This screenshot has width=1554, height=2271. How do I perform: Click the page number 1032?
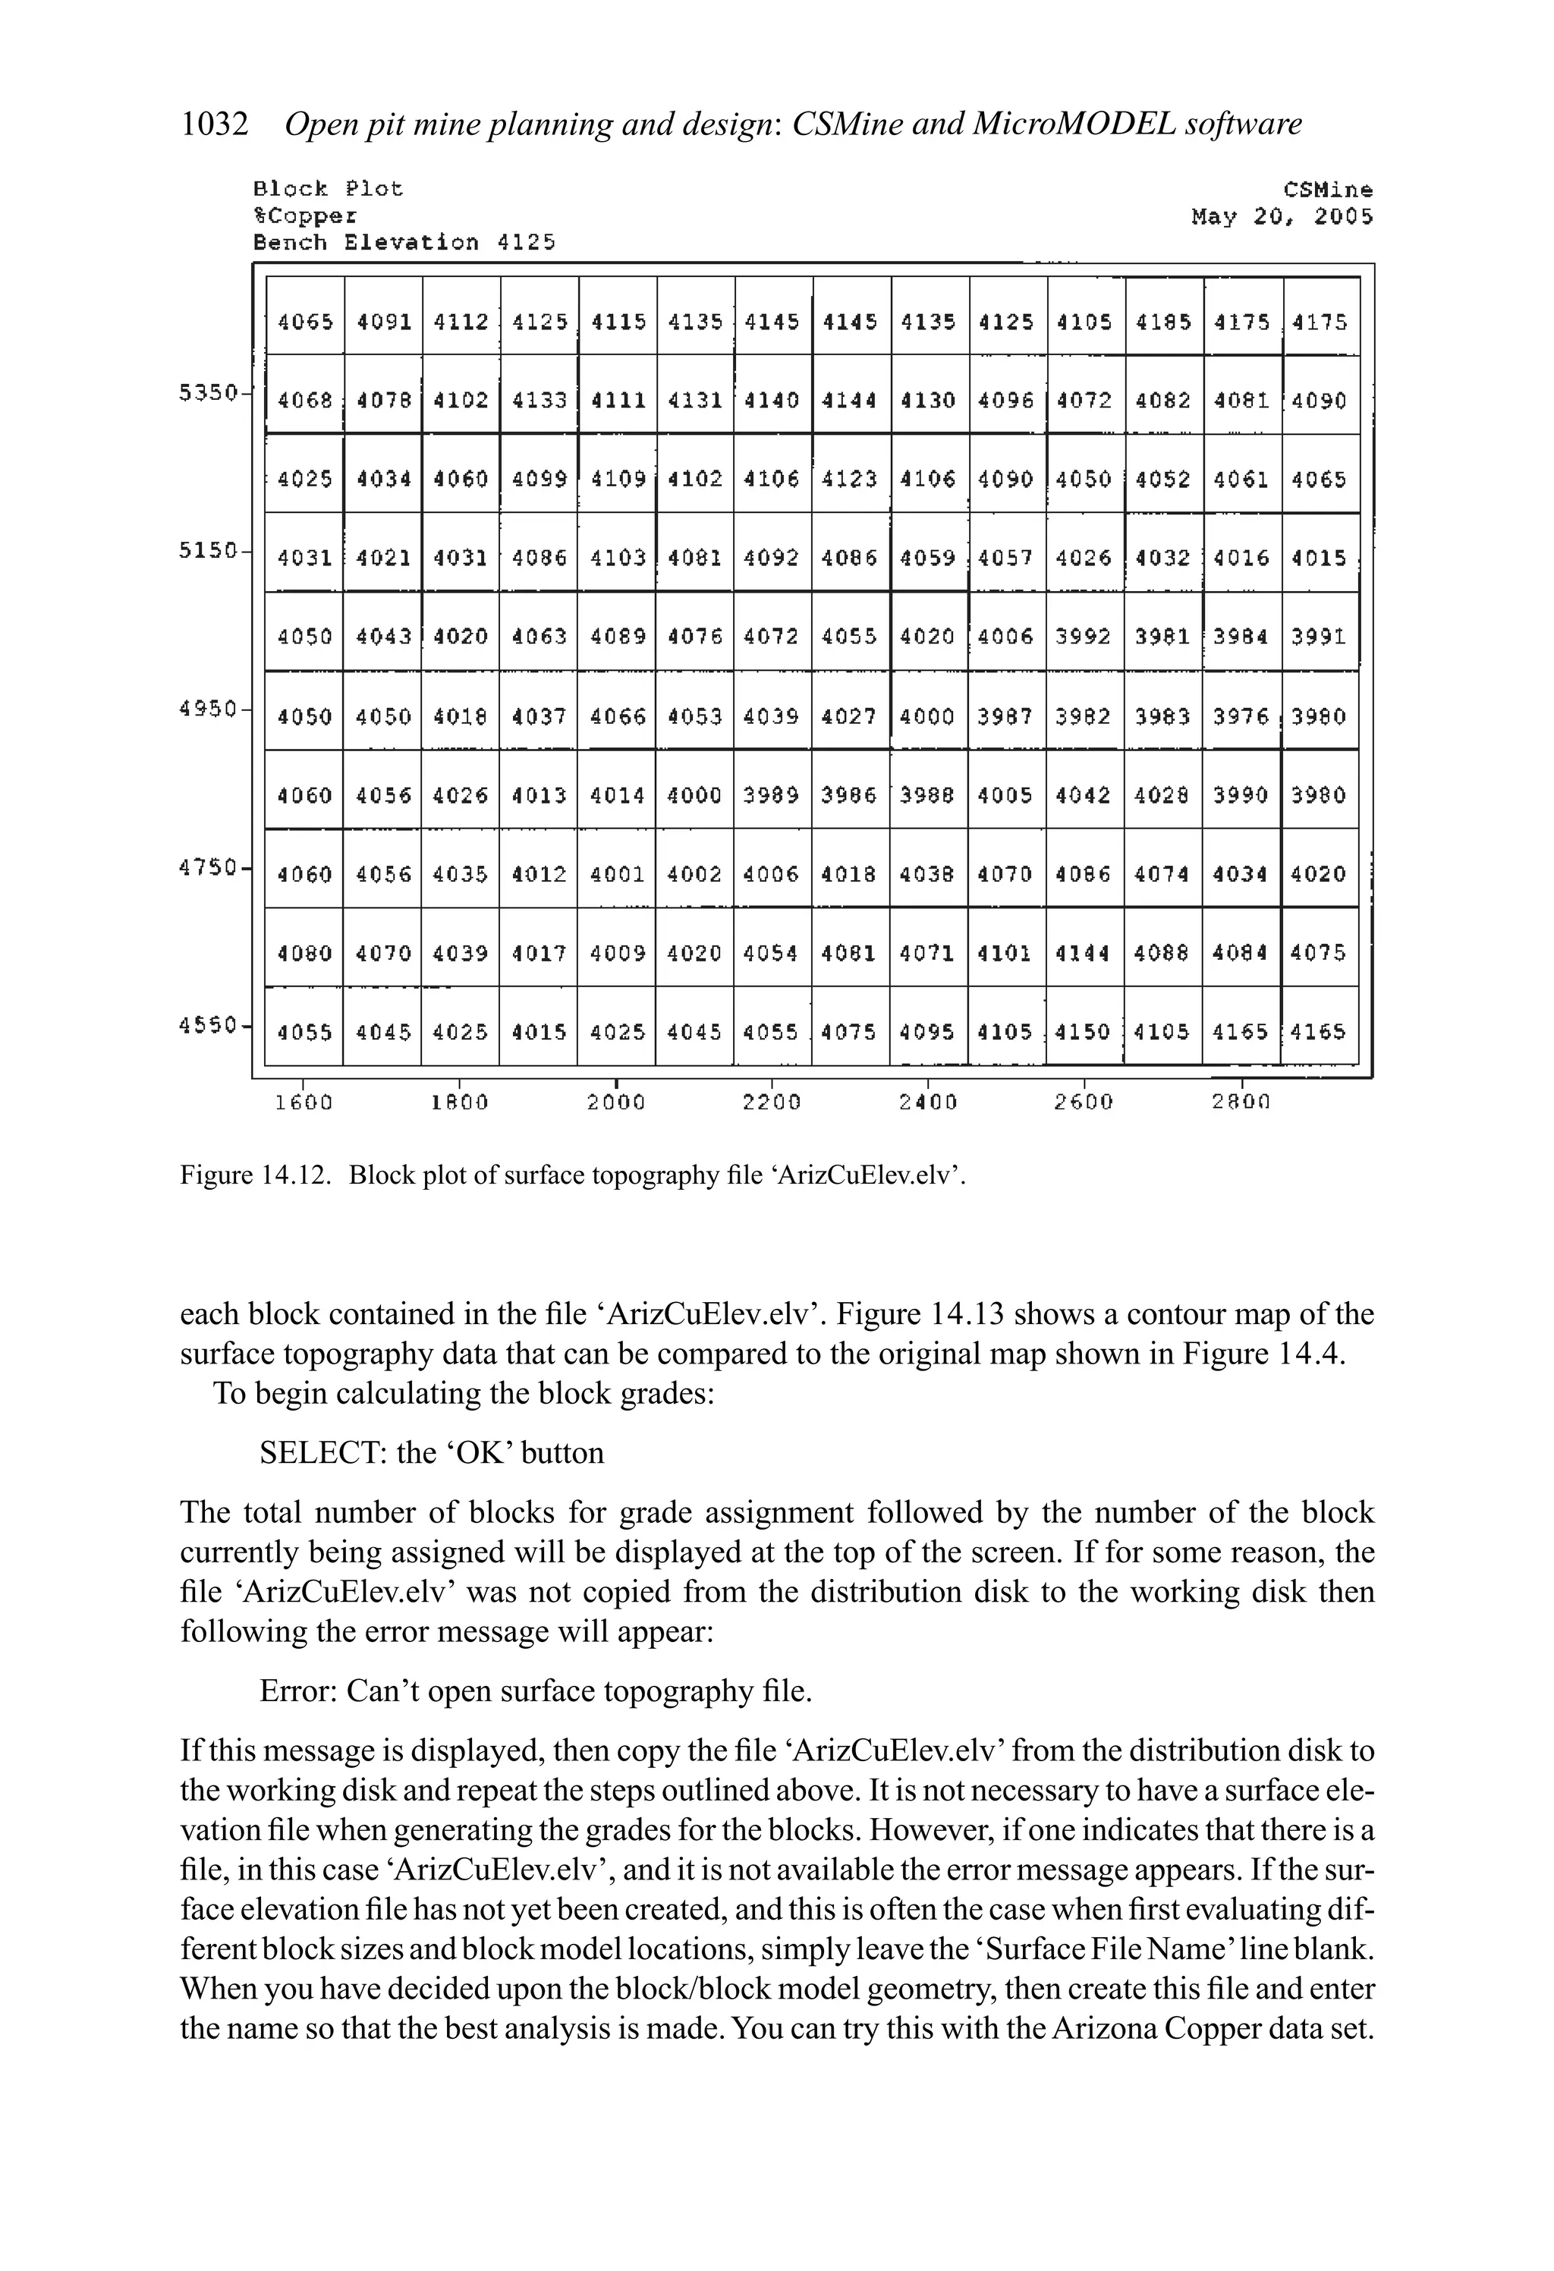coord(214,125)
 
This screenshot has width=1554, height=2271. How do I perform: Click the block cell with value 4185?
coord(1163,322)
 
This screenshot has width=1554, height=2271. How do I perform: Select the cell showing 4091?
coord(384,322)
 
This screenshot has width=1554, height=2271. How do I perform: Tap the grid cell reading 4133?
coord(539,401)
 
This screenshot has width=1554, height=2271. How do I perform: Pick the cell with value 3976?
coord(1241,716)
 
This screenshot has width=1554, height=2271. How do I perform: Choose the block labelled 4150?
coord(1085,1032)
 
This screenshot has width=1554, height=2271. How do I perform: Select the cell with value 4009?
coord(618,953)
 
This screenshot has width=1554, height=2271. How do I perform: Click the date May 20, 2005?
coord(1282,217)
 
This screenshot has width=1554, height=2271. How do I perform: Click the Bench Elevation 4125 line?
coord(404,242)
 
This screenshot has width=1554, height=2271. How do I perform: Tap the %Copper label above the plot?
coord(305,216)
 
